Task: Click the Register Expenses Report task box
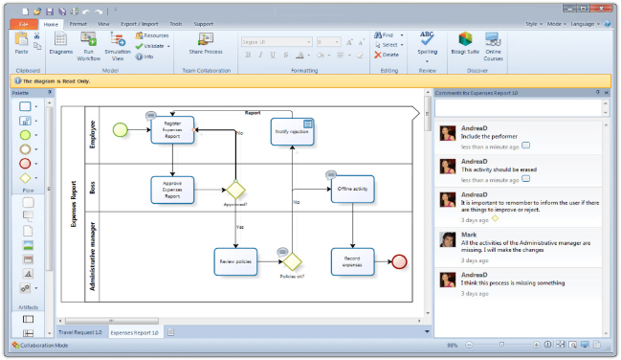(172, 129)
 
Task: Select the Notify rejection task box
(293, 130)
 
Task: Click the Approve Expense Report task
(172, 189)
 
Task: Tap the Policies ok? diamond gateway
(292, 260)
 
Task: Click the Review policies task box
(235, 260)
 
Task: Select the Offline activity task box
(353, 189)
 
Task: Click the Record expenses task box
(353, 260)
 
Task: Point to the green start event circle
(120, 129)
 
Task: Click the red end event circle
(399, 260)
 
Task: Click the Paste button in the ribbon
(21, 45)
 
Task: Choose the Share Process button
(205, 44)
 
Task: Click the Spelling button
(427, 43)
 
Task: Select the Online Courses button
(494, 45)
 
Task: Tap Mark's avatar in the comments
(447, 238)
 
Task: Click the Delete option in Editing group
(388, 55)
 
